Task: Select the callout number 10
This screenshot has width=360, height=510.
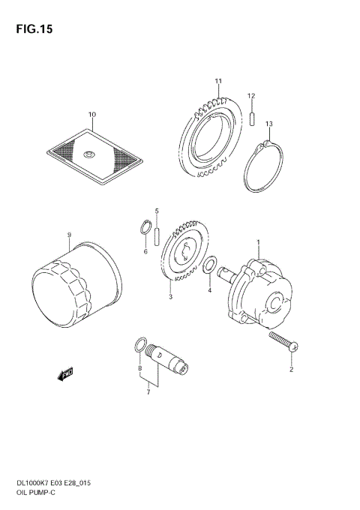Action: pyautogui.click(x=92, y=115)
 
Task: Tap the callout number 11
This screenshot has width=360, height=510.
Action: pyautogui.click(x=218, y=81)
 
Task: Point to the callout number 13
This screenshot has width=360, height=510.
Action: pyautogui.click(x=268, y=124)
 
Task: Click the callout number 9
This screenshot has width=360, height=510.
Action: pyautogui.click(x=68, y=235)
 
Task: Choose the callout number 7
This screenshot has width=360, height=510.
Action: pyautogui.click(x=148, y=391)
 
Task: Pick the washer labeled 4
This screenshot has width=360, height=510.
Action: pyautogui.click(x=212, y=264)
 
